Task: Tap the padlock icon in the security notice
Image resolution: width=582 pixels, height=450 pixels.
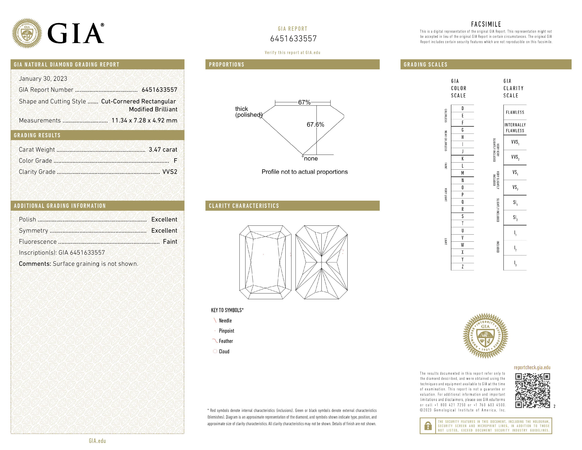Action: click(x=428, y=426)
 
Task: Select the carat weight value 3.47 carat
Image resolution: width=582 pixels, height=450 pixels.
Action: click(x=163, y=149)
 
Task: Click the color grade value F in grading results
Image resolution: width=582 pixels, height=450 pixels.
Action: click(x=175, y=160)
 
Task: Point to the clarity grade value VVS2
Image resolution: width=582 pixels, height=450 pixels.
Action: click(x=170, y=172)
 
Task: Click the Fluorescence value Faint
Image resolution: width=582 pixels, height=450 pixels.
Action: click(x=170, y=242)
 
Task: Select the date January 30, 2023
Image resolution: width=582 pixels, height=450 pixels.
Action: click(x=43, y=79)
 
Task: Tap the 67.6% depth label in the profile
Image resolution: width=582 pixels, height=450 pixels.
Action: click(x=315, y=124)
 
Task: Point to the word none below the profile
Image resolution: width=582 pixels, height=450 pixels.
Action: click(x=311, y=159)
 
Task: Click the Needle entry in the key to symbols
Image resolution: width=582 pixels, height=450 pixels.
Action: click(x=225, y=321)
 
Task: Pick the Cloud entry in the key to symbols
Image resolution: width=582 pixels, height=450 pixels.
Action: click(x=224, y=351)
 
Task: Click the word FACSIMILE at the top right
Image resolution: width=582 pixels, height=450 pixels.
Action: click(x=486, y=24)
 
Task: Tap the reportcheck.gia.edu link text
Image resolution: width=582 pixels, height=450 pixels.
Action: click(x=532, y=367)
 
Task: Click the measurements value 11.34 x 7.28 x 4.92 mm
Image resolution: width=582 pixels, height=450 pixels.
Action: click(x=144, y=121)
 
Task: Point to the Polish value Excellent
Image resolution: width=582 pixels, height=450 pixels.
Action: click(x=164, y=219)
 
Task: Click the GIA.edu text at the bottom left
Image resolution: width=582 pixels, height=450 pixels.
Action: click(x=97, y=441)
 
